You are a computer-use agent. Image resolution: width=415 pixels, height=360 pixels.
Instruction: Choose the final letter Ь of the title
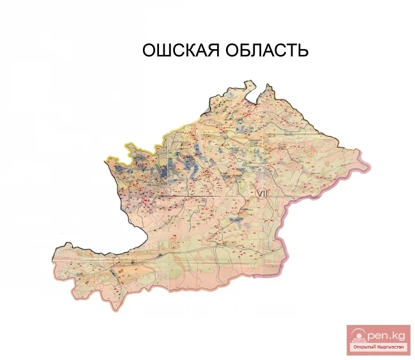click(x=303, y=50)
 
